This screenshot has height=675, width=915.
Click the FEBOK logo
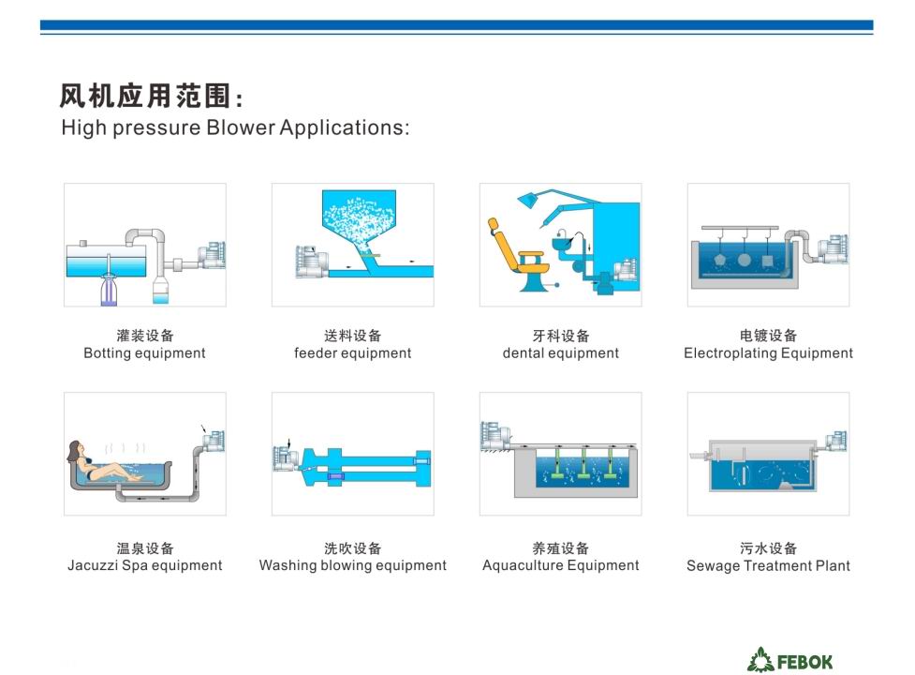click(790, 660)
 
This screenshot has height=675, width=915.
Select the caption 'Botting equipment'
click(145, 353)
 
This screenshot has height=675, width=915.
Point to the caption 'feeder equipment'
click(352, 353)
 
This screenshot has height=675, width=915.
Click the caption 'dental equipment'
click(561, 353)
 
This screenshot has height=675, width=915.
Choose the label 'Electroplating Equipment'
click(769, 353)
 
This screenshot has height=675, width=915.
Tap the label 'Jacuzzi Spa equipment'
click(145, 565)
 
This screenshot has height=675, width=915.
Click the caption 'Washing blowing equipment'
click(352, 565)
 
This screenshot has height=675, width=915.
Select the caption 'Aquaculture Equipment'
click(561, 565)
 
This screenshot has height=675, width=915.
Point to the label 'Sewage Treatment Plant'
click(769, 565)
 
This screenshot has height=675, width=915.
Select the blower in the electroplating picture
click(833, 249)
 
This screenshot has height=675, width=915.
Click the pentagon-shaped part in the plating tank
click(719, 260)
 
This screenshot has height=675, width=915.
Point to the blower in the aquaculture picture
click(494, 436)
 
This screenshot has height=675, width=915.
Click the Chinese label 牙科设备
click(561, 336)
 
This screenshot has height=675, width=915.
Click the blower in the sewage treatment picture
click(835, 442)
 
